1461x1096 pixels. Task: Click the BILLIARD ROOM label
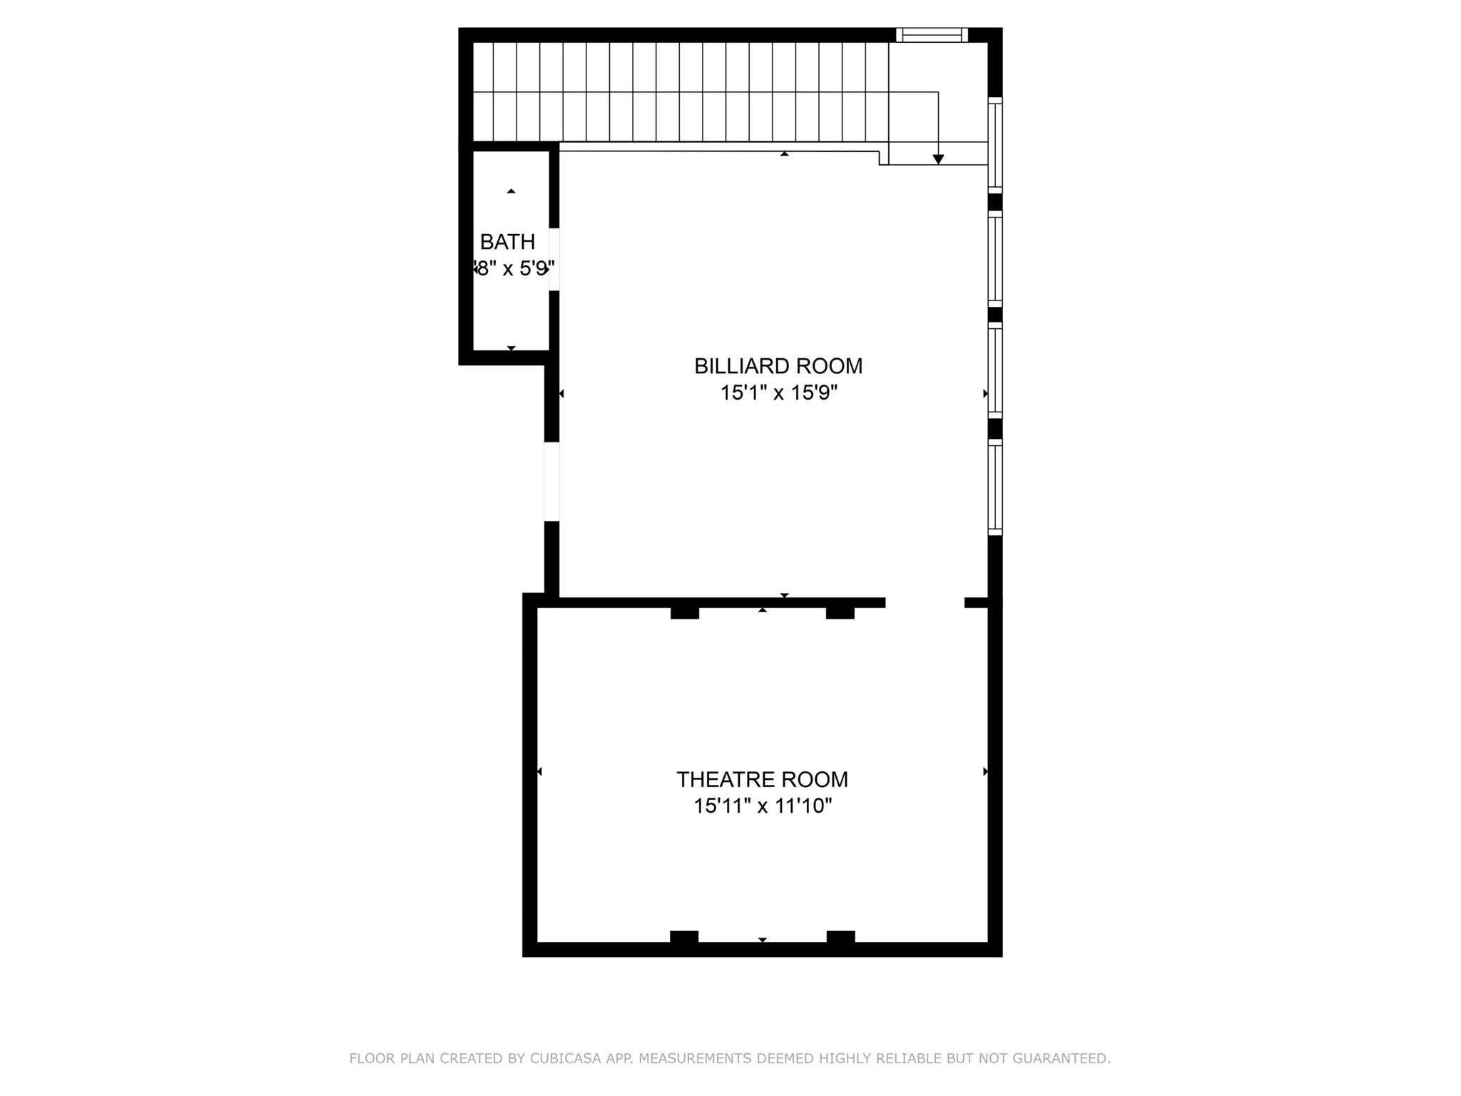[778, 366]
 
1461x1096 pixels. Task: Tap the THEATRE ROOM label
[762, 779]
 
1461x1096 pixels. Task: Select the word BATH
[507, 242]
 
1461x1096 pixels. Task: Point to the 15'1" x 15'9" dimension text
[778, 393]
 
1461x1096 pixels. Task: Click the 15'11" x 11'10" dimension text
[763, 806]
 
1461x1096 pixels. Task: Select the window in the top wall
[932, 35]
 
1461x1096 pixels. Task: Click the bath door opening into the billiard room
[554, 260]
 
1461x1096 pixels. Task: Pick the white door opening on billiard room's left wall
[551, 482]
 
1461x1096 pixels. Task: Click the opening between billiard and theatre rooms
[925, 603]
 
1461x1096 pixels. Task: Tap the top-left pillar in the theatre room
[684, 612]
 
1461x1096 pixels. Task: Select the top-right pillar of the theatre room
[840, 612]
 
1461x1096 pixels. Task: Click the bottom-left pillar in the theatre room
[683, 937]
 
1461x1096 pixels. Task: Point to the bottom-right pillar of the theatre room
[840, 937]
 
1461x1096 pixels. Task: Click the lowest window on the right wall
[994, 487]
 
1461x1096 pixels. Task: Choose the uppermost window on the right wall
[994, 146]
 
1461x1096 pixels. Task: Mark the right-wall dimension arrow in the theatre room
[985, 771]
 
